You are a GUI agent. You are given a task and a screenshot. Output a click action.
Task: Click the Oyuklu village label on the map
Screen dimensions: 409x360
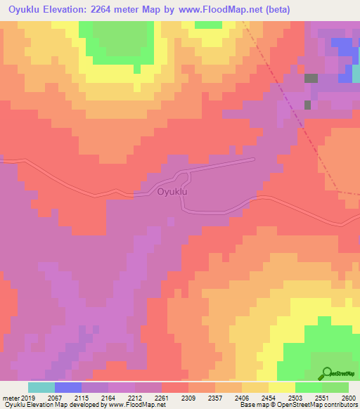174,191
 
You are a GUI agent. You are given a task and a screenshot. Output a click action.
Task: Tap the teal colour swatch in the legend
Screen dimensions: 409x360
41,387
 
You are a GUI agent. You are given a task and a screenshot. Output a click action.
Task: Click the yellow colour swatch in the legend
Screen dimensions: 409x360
281,387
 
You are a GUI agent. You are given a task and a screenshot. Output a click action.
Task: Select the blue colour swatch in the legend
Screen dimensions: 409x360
67,387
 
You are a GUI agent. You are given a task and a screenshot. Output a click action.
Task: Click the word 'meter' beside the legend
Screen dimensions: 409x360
11,398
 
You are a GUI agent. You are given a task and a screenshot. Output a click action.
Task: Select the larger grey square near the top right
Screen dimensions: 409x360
311,79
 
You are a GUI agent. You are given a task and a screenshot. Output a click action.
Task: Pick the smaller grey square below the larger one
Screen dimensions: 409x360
307,105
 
